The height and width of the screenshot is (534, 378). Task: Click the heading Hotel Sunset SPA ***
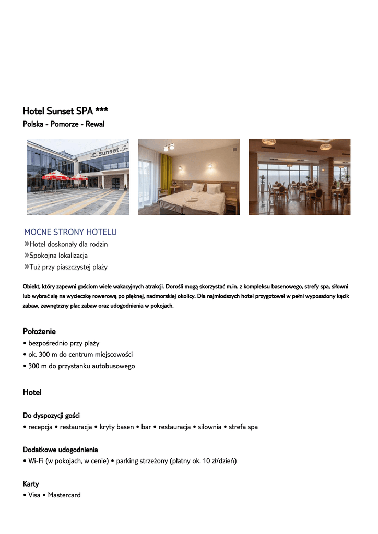pyautogui.click(x=65, y=111)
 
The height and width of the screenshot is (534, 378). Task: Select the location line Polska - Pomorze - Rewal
pyautogui.click(x=64, y=124)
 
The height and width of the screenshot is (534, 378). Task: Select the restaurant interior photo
pyautogui.click(x=299, y=177)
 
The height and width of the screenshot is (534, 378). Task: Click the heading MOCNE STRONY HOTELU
pyautogui.click(x=70, y=232)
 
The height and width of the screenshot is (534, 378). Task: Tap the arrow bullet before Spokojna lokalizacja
pyautogui.click(x=26, y=256)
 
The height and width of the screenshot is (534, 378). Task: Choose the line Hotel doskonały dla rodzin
pyautogui.click(x=68, y=244)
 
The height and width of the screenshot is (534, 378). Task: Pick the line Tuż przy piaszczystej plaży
pyautogui.click(x=68, y=267)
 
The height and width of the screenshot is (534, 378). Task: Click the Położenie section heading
pyautogui.click(x=39, y=331)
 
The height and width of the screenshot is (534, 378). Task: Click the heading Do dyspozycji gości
pyautogui.click(x=51, y=416)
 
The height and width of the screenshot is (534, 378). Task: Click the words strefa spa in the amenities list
pyautogui.click(x=243, y=427)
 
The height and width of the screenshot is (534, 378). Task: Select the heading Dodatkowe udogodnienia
pyautogui.click(x=60, y=450)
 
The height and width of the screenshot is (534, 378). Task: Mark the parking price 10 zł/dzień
pyautogui.click(x=214, y=461)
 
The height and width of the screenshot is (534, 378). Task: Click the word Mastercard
pyautogui.click(x=64, y=495)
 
